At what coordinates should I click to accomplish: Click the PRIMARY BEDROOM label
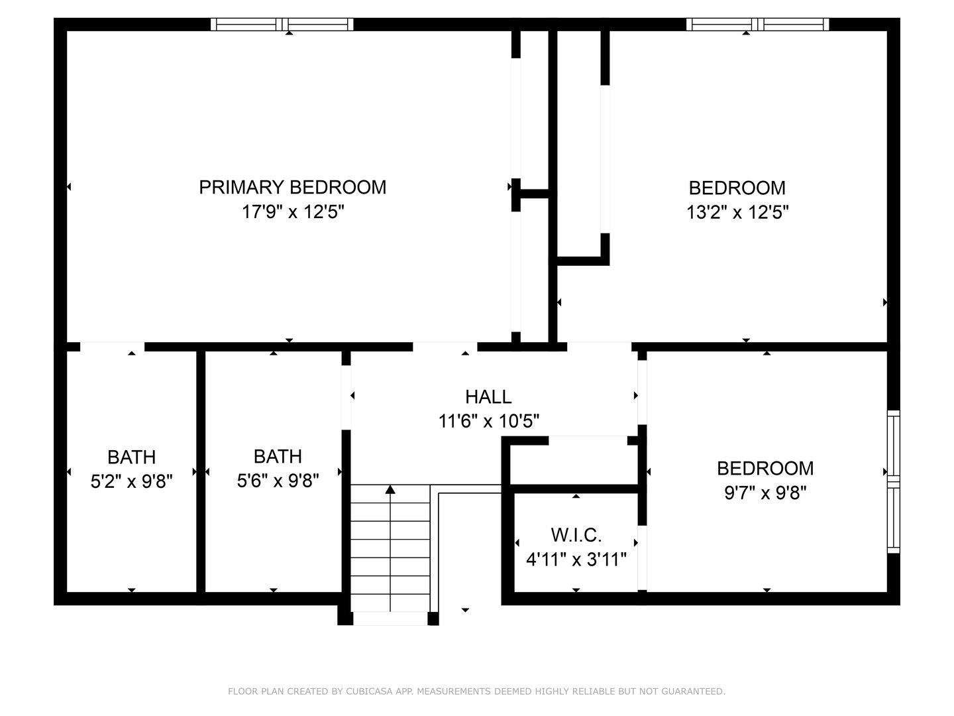pos(292,187)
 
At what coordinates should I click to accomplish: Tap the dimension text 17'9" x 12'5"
pos(292,212)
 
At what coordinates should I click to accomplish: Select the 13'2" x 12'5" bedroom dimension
pos(737,212)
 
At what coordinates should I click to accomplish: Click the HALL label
pos(488,396)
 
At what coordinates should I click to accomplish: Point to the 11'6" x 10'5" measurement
pos(488,421)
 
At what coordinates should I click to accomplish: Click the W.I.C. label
pos(576,535)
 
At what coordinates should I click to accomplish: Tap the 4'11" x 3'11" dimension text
pos(576,560)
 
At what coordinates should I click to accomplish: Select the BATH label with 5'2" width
pos(131,457)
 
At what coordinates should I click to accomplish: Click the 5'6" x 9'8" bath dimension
pos(278,481)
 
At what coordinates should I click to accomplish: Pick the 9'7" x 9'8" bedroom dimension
pos(765,493)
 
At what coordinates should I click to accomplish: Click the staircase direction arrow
pos(390,490)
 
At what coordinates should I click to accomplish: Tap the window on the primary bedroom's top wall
pos(282,25)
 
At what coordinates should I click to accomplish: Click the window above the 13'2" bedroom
pos(757,25)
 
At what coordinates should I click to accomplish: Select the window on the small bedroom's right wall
pos(894,481)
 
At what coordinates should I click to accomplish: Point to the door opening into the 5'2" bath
pos(112,347)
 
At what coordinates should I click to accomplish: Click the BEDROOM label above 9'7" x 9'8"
pos(765,468)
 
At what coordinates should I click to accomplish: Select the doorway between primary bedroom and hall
pos(445,347)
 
